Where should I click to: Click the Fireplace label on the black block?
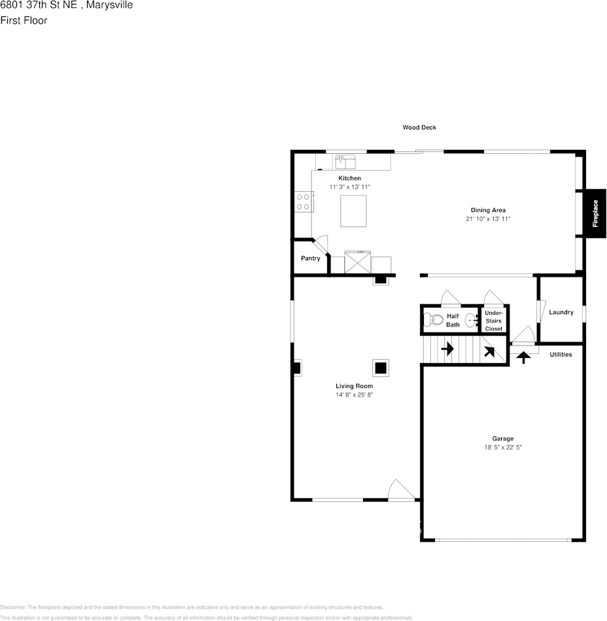pyautogui.click(x=595, y=213)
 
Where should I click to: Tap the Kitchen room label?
pyautogui.click(x=350, y=178)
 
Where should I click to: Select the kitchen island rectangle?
pyautogui.click(x=353, y=211)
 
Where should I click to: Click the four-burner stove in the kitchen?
pyautogui.click(x=303, y=202)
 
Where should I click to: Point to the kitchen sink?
pyautogui.click(x=345, y=162)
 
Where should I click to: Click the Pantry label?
pyautogui.click(x=311, y=258)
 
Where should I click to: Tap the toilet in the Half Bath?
pyautogui.click(x=433, y=319)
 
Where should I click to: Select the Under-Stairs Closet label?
pyautogui.click(x=493, y=321)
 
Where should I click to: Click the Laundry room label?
pyautogui.click(x=561, y=312)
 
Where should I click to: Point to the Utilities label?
pyautogui.click(x=561, y=355)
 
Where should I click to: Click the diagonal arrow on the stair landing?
pyautogui.click(x=489, y=351)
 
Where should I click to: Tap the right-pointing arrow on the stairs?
pyautogui.click(x=447, y=349)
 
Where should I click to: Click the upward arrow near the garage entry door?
pyautogui.click(x=523, y=357)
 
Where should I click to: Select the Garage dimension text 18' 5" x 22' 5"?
pyautogui.click(x=503, y=447)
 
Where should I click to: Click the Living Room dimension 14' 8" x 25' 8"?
pyautogui.click(x=355, y=395)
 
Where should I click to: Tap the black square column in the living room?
pyautogui.click(x=381, y=368)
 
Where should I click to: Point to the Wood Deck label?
pyautogui.click(x=419, y=127)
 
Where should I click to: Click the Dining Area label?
pyautogui.click(x=488, y=210)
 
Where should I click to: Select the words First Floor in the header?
pyautogui.click(x=24, y=20)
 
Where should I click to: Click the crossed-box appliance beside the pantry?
pyautogui.click(x=358, y=262)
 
